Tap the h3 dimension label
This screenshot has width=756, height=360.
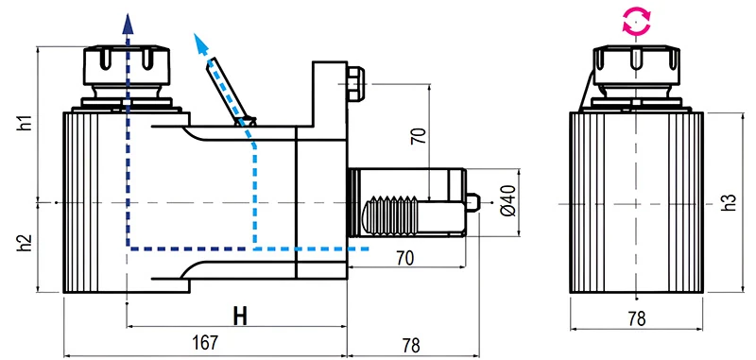tap(728, 202)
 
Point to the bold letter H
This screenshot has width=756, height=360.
tap(240, 317)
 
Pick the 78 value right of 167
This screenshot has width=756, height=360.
tap(409, 346)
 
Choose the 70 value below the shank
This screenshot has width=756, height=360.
tap(404, 257)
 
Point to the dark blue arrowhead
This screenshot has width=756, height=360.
tap(126, 23)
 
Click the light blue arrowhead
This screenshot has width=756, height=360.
tap(199, 40)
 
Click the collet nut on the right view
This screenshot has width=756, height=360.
tap(635, 64)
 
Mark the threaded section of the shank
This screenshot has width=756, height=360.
tap(392, 217)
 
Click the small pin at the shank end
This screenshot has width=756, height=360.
tap(475, 202)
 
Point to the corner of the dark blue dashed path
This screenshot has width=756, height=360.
tap(127, 249)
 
